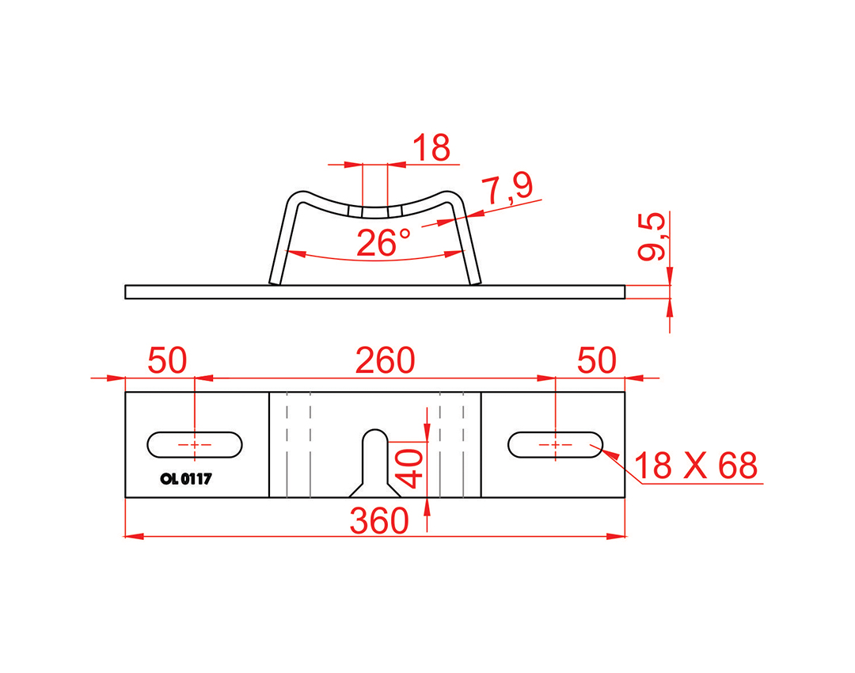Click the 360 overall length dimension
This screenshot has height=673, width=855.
pyautogui.click(x=379, y=521)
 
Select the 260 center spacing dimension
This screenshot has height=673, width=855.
pyautogui.click(x=385, y=360)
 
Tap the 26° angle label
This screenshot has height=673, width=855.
pyautogui.click(x=383, y=243)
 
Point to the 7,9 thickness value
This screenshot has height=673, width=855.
pyautogui.click(x=508, y=188)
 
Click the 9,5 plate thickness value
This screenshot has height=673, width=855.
pyautogui.click(x=652, y=236)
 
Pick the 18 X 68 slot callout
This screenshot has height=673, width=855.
pyautogui.click(x=696, y=466)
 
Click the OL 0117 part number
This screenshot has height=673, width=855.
pyautogui.click(x=186, y=479)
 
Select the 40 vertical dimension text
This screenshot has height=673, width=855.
pyautogui.click(x=410, y=468)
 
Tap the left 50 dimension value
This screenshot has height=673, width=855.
pyautogui.click(x=167, y=360)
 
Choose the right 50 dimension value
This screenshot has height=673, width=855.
pyautogui.click(x=597, y=360)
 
